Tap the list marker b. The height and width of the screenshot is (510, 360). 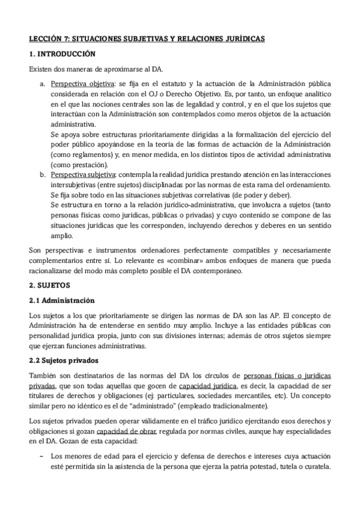(43, 174)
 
